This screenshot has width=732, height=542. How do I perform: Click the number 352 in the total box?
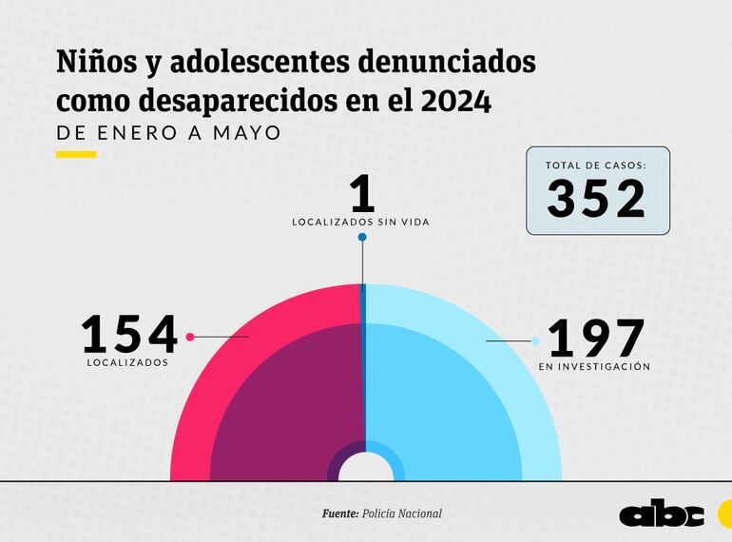click(x=597, y=199)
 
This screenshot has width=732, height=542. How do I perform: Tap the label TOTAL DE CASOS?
click(x=597, y=165)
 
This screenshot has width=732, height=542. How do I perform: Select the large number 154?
click(x=129, y=335)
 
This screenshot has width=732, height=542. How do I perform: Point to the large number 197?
click(x=597, y=339)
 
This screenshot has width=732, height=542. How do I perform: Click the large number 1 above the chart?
click(x=362, y=194)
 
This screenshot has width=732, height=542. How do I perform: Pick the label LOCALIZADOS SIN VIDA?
click(x=361, y=222)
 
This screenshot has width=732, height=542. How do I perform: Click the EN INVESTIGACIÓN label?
click(x=594, y=366)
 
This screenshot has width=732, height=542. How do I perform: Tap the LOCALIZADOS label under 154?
click(x=127, y=362)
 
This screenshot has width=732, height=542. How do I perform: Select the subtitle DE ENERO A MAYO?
click(x=169, y=132)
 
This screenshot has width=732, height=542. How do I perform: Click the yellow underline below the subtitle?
click(x=76, y=154)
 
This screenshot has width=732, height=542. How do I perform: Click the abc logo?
click(x=661, y=513)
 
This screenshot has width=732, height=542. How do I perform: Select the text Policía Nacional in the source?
click(x=402, y=513)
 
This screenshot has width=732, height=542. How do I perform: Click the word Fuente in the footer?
click(x=339, y=513)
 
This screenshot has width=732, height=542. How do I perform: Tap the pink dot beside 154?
click(x=191, y=337)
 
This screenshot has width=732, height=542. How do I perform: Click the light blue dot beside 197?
click(x=535, y=340)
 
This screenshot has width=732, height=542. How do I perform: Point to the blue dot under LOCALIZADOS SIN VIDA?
click(x=362, y=237)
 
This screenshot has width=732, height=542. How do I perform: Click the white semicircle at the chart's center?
click(x=362, y=469)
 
